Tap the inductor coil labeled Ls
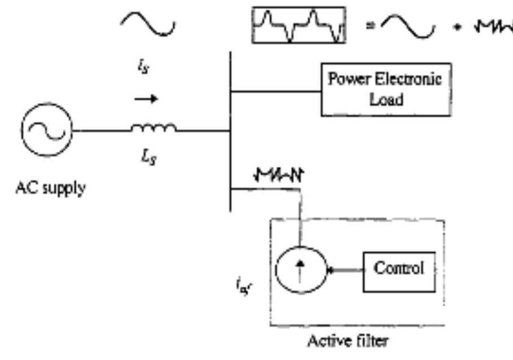point(154,129)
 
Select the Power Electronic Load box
point(386,89)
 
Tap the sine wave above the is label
point(148,24)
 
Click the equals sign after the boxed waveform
point(370,27)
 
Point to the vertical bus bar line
point(231,130)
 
